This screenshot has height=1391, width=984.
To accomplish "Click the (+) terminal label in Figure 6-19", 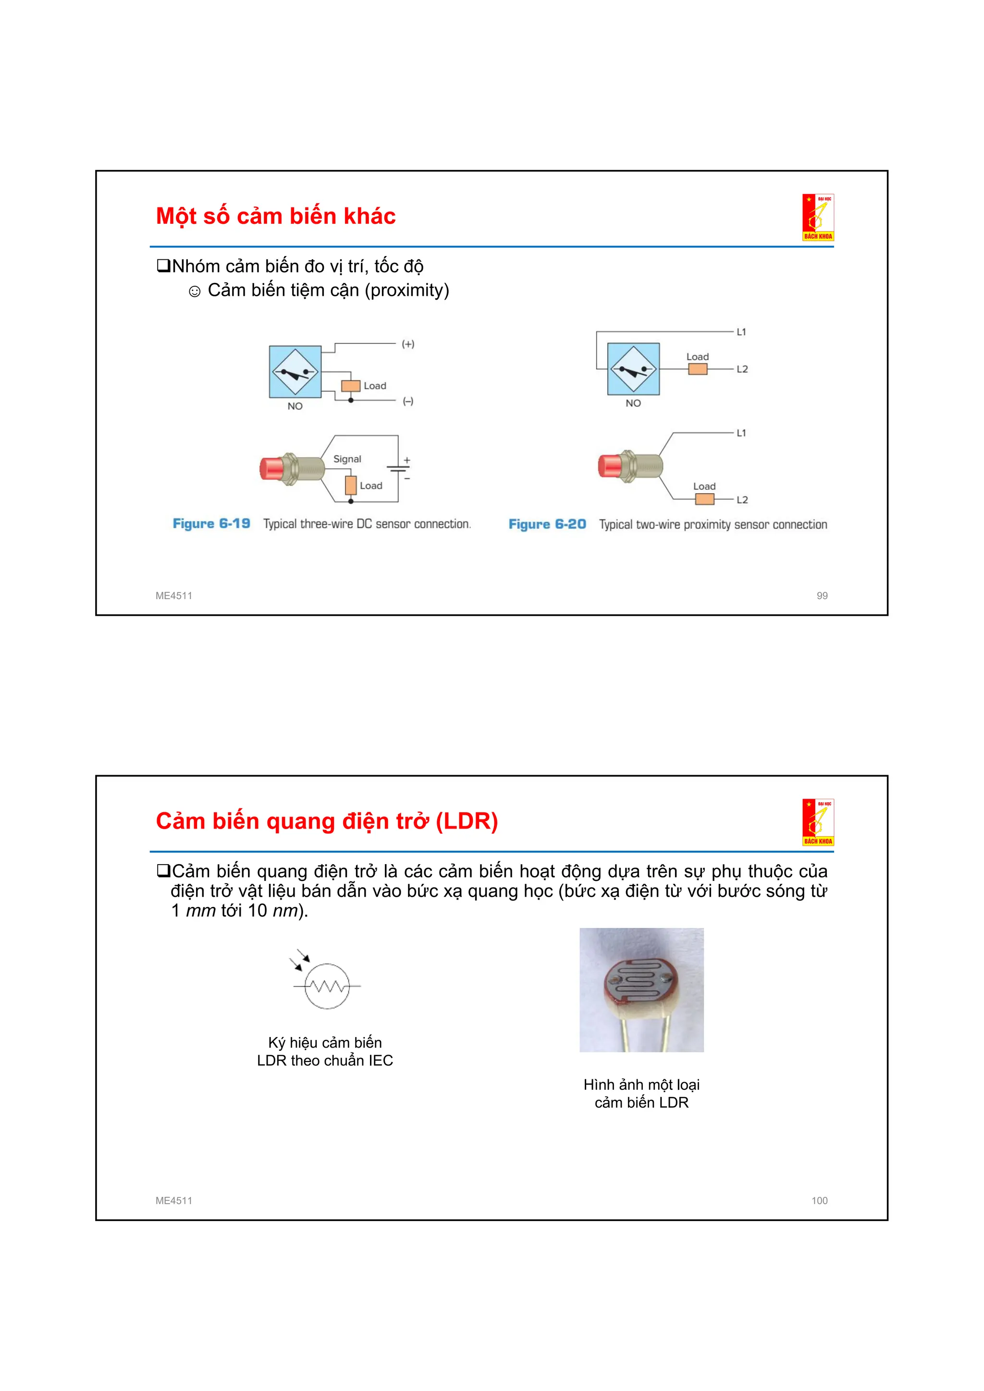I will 408,344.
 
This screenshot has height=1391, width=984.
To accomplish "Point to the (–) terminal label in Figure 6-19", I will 408,401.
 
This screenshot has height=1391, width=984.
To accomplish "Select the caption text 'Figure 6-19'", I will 211,524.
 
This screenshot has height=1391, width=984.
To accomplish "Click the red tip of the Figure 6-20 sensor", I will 608,466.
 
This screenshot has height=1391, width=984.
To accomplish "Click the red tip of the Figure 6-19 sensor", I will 270,468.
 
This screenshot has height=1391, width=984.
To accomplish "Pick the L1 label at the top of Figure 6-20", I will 741,332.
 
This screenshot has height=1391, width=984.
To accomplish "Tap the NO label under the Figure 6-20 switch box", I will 633,403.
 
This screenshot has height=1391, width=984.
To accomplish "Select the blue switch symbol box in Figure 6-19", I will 295,371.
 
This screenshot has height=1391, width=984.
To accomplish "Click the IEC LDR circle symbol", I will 327,986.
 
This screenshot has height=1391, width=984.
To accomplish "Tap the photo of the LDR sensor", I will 641,990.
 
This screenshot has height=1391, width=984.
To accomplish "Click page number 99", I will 822,596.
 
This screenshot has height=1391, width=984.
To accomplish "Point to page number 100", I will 819,1200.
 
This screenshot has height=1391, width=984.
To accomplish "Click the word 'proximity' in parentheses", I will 406,290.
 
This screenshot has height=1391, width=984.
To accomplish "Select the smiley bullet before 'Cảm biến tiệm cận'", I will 195,292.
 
